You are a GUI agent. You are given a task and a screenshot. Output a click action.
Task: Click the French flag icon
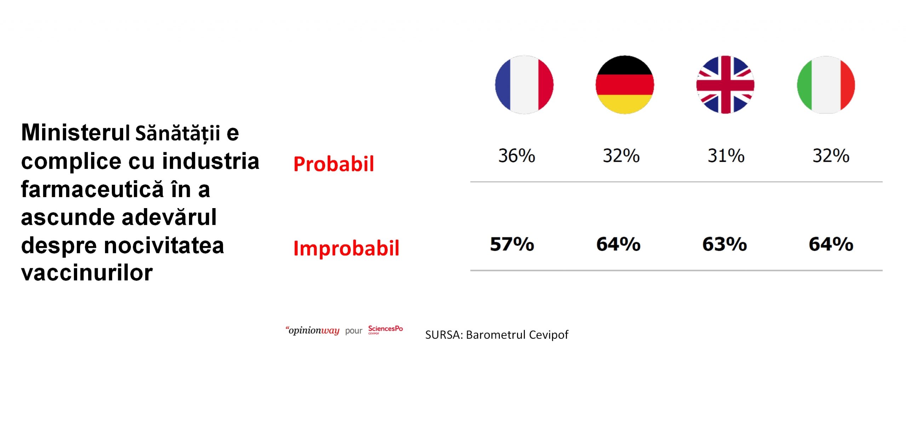click(x=524, y=85)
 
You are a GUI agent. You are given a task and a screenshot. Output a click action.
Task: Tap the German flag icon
click(x=625, y=85)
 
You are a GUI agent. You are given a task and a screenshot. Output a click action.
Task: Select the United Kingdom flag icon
click(x=725, y=85)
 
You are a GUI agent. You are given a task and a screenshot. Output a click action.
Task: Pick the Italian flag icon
click(x=826, y=85)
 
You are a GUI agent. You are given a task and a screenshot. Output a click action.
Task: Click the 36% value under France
click(x=517, y=156)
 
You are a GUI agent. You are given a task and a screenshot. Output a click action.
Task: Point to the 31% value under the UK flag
click(x=726, y=156)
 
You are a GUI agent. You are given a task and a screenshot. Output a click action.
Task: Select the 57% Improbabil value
click(x=512, y=244)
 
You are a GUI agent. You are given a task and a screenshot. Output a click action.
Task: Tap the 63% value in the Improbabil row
click(x=725, y=244)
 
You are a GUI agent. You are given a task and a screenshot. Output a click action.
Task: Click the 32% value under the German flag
click(x=621, y=156)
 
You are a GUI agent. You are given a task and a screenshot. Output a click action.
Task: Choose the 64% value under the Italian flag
click(x=831, y=244)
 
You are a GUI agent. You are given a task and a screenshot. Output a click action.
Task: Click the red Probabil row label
click(x=334, y=164)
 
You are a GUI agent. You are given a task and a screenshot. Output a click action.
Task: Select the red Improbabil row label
click(x=346, y=248)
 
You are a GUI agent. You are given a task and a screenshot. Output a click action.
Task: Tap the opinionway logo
click(x=312, y=331)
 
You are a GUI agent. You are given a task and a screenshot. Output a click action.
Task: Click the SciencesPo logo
click(x=386, y=330)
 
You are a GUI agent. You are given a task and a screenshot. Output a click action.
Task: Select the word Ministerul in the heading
click(x=75, y=132)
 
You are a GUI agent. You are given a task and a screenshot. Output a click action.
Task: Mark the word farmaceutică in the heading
click(x=92, y=189)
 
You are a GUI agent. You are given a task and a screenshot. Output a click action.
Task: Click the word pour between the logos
click(x=354, y=331)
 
